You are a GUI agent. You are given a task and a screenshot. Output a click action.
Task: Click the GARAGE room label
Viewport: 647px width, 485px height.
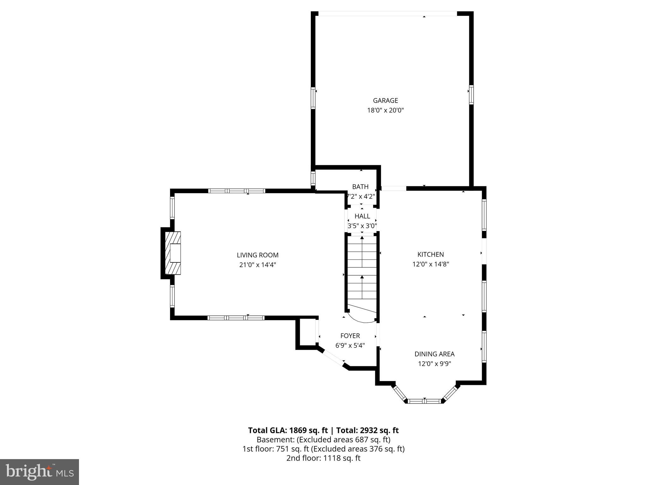(x=385, y=100)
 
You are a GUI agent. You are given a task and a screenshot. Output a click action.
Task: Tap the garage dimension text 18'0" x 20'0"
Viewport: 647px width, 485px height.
(x=385, y=110)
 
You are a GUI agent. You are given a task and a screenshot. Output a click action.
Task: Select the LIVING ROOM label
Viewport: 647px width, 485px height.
(x=257, y=255)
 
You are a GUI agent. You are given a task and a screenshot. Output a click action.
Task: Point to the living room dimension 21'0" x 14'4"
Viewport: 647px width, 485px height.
(x=257, y=265)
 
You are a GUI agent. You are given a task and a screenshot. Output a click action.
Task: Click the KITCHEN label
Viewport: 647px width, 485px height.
(x=430, y=254)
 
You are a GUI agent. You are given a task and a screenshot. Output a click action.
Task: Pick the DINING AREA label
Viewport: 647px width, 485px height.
(x=434, y=354)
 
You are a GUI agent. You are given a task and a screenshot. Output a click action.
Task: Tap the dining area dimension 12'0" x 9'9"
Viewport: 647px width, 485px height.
(x=434, y=364)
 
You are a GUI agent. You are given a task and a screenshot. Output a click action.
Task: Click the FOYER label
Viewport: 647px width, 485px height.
(x=350, y=336)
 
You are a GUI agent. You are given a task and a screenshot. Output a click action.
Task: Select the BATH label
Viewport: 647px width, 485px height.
(x=360, y=187)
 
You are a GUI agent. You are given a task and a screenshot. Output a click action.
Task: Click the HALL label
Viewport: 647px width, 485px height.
(x=362, y=216)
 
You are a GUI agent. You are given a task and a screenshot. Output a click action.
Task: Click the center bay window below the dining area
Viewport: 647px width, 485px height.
(x=424, y=401)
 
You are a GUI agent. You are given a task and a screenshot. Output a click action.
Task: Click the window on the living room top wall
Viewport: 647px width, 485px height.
(x=237, y=191)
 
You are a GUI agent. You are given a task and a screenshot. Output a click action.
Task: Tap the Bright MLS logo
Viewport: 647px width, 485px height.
(x=39, y=472)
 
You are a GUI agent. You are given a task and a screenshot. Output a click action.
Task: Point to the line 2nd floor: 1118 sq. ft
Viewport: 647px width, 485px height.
(x=323, y=458)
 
